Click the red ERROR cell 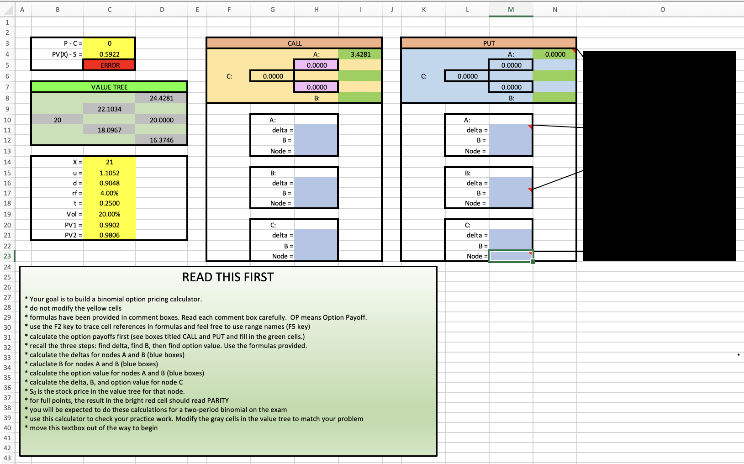pos(109,65)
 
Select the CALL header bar pos(294,43)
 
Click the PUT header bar pos(489,43)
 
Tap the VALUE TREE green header pos(109,87)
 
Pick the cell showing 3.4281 pos(360,54)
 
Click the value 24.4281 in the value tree pos(161,98)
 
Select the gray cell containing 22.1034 pos(109,109)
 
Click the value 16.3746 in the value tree pos(161,140)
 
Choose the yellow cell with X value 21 pos(109,162)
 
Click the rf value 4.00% pos(109,193)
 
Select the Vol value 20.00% pos(109,214)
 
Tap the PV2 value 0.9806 pos(109,235)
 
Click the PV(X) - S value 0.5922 pos(109,54)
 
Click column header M pos(511,10)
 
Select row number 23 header pos(7,256)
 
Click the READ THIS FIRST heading pos(228,277)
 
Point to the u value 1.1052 pos(109,173)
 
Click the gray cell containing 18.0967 pos(109,130)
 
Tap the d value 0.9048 pos(109,183)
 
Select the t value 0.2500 pos(109,203)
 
